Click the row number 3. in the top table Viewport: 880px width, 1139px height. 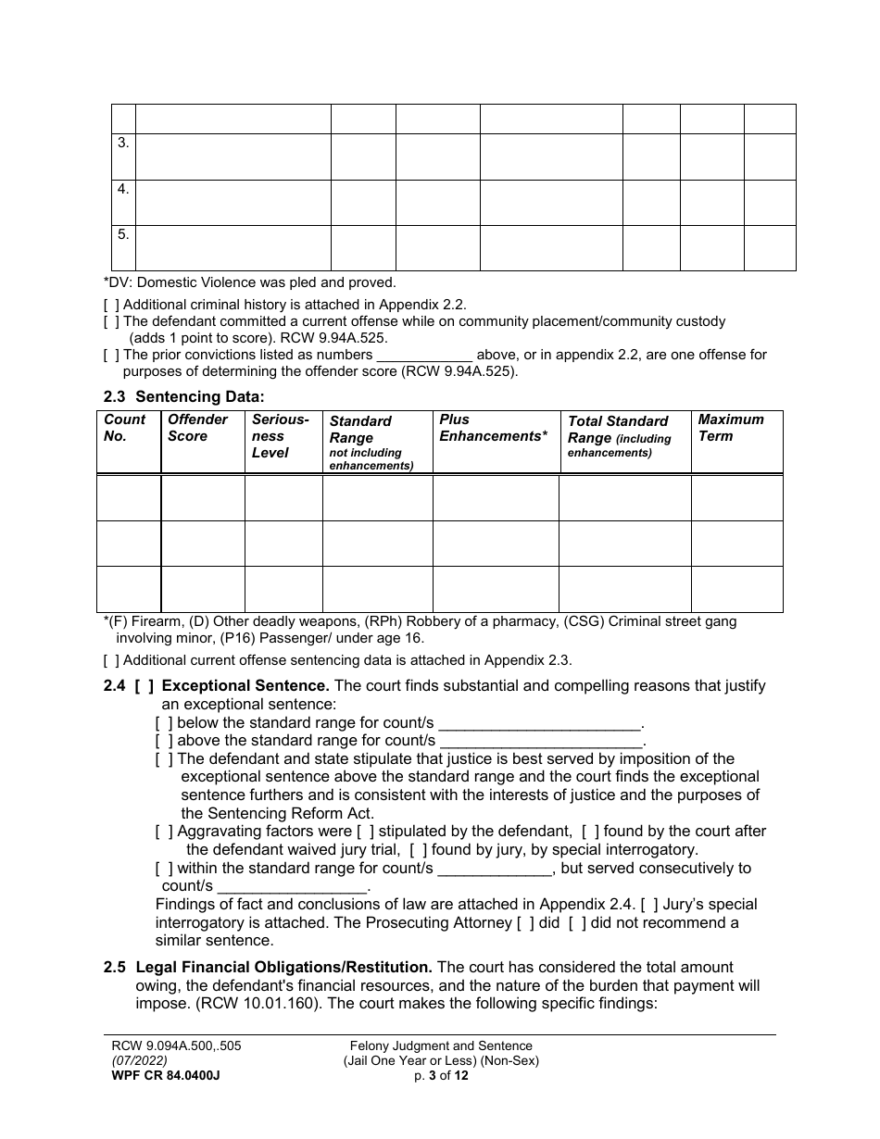[x=123, y=144]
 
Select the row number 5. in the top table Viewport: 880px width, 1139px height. [x=123, y=235]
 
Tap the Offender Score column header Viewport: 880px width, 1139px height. [x=197, y=428]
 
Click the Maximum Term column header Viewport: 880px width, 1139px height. [x=731, y=428]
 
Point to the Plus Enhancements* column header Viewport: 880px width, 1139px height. [x=493, y=428]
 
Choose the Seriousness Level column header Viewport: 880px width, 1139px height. [x=280, y=436]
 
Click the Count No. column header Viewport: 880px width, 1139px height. [x=124, y=428]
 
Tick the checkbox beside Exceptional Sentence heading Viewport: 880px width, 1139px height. [x=144, y=686]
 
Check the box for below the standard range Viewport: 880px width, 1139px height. [x=164, y=723]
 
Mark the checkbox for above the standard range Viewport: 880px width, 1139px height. [x=164, y=741]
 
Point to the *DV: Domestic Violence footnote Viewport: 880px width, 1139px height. [x=249, y=282]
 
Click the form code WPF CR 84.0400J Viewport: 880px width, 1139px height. [x=166, y=1075]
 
